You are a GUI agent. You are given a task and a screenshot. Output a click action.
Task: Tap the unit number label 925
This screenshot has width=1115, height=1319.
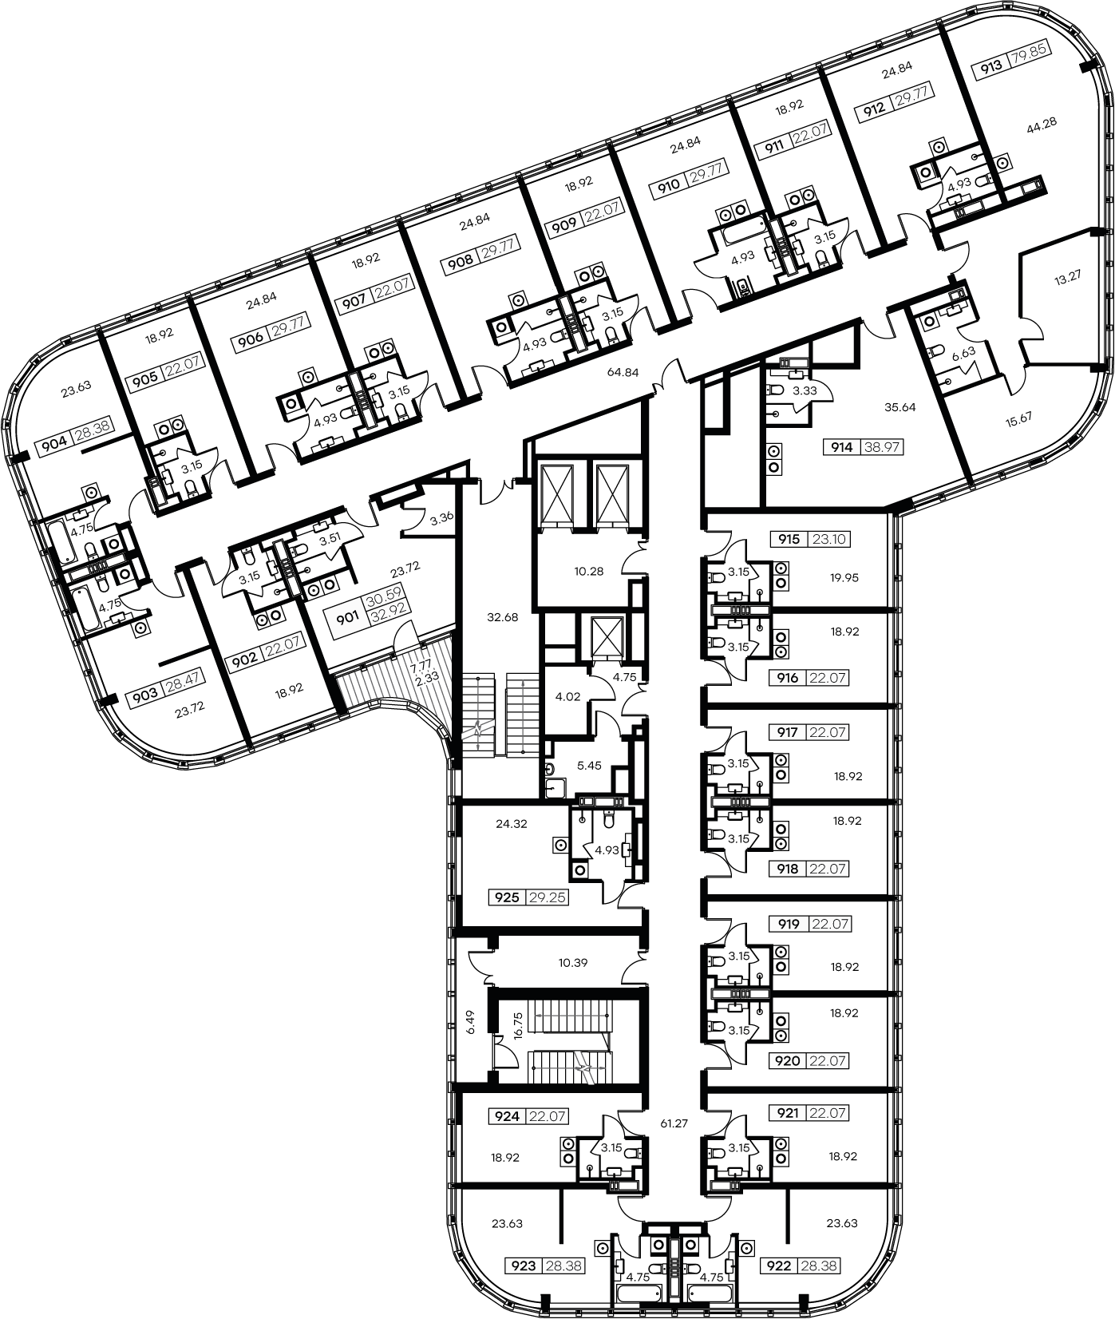[x=508, y=897]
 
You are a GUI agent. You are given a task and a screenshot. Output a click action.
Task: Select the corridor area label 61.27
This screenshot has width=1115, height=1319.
[x=674, y=1123]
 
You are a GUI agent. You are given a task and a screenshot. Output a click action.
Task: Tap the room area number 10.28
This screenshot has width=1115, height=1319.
[x=588, y=571]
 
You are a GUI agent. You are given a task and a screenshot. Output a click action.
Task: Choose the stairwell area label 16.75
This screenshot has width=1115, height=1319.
[x=517, y=1024]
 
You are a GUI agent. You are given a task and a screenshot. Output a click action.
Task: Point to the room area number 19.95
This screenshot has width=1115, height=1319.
[x=844, y=577]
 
